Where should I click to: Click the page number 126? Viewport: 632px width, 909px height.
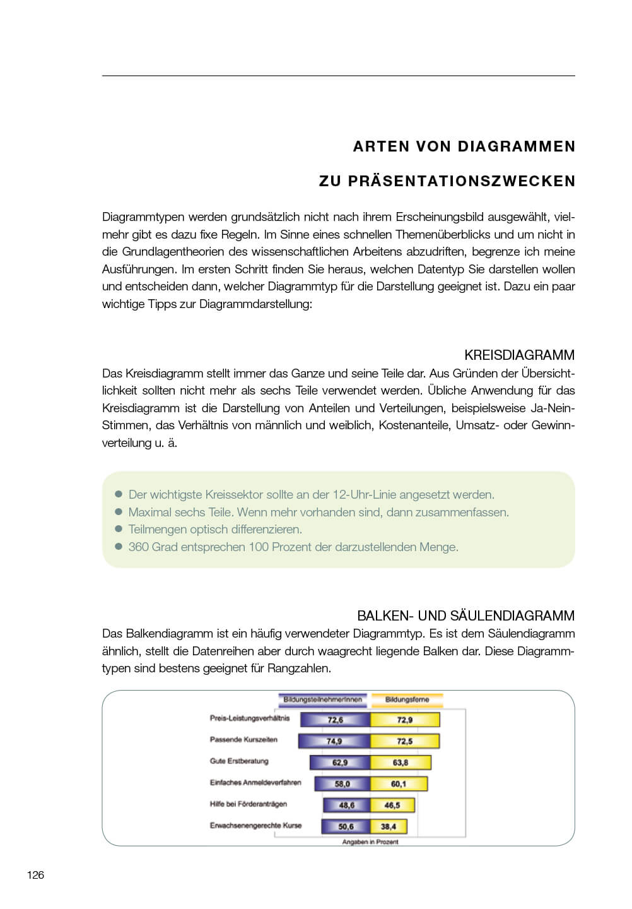tap(35, 874)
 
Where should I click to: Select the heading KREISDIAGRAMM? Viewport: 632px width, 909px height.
tap(519, 355)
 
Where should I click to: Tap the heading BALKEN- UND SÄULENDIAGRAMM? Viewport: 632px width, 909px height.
tap(465, 615)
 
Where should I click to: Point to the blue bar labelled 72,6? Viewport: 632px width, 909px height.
tap(335, 720)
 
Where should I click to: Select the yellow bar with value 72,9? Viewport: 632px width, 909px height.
tap(404, 720)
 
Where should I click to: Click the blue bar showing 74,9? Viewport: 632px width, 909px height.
tap(334, 741)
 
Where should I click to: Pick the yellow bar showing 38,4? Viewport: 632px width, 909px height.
tap(389, 826)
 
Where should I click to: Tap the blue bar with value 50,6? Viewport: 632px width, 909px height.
tap(346, 826)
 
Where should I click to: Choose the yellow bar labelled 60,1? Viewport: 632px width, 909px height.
tap(399, 784)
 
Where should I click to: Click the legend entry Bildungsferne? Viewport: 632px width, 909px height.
tap(407, 699)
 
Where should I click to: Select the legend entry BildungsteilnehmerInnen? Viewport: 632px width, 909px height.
tap(322, 699)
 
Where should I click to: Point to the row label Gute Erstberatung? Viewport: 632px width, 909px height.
tap(239, 761)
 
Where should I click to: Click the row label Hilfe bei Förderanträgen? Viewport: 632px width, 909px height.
tap(248, 804)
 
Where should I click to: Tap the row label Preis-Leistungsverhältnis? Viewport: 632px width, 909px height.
tap(250, 718)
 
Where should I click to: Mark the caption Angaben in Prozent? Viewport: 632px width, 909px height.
tap(370, 842)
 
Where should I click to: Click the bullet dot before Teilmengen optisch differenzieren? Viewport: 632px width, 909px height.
tap(118, 529)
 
